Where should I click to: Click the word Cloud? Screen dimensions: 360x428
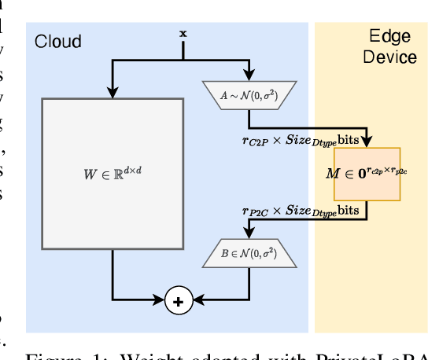click(57, 40)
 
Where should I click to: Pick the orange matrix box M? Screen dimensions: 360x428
click(367, 174)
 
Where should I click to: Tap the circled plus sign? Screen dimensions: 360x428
click(178, 302)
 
